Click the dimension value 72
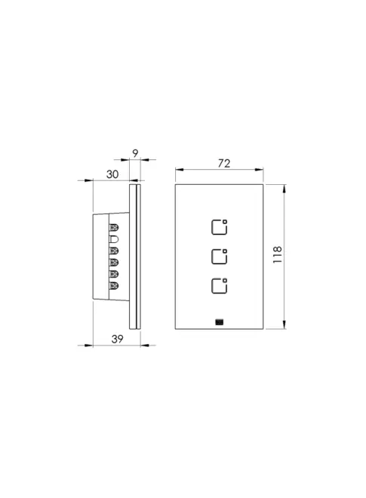pyautogui.click(x=223, y=163)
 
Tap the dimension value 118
pyautogui.click(x=278, y=254)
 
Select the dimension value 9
pyautogui.click(x=135, y=154)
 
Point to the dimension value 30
pyautogui.click(x=112, y=174)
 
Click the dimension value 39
pyautogui.click(x=117, y=339)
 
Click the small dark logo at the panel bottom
pyautogui.click(x=219, y=322)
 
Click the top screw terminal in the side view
pyautogui.click(x=114, y=227)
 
